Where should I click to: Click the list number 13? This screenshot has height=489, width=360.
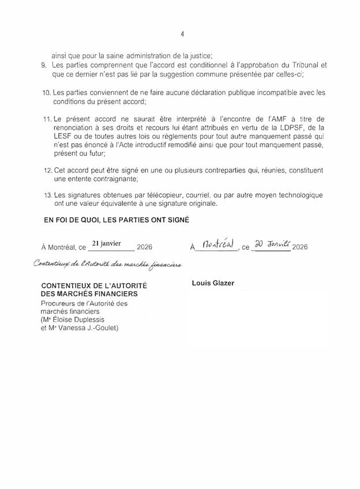(47, 195)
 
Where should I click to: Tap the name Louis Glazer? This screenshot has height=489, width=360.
(209, 283)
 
